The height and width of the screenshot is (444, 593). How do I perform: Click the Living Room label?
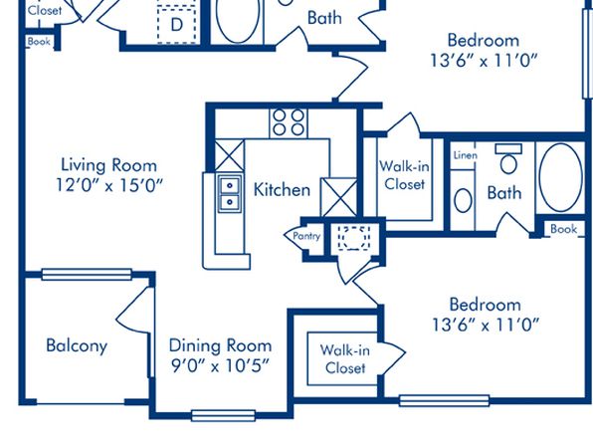pos(108,165)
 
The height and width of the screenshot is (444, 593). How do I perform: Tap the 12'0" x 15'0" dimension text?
pos(109,185)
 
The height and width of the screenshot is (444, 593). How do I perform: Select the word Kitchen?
pos(282,189)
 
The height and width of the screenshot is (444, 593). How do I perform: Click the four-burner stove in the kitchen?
pos(289,123)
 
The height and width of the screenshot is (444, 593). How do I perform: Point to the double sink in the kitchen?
pos(229,193)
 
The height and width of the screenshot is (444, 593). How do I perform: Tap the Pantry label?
pos(306,236)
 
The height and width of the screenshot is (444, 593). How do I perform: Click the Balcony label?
pos(77,345)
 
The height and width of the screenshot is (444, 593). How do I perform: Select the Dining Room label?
pos(220,345)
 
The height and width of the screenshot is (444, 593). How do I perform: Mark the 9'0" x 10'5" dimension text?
pos(221,365)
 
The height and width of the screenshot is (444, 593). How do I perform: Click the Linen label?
pos(466,155)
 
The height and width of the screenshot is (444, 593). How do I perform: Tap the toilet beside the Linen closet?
pos(508,158)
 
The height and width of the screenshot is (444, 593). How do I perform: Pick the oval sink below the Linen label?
pos(463,200)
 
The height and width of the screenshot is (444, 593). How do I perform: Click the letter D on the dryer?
pos(177,25)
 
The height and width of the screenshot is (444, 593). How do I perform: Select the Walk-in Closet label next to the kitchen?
pos(404,175)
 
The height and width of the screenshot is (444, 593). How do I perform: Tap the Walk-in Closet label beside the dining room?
pos(345,358)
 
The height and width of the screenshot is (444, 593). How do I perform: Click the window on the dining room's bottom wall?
pos(223,415)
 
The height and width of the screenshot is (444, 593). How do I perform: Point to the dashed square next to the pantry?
pos(353,238)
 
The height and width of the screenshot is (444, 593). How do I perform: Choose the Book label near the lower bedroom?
pos(563,229)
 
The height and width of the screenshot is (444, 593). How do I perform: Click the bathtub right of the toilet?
pos(561,177)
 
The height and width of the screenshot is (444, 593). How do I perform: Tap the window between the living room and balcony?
pos(87,275)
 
